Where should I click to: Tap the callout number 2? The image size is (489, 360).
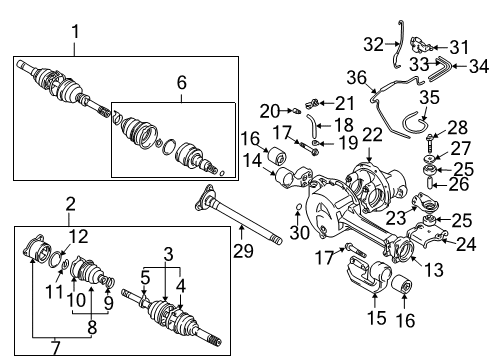[x=70, y=205]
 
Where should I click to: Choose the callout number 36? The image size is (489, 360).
[x=381, y=78]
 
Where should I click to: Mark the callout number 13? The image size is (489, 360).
[x=407, y=269]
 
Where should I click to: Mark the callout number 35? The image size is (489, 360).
[x=427, y=98]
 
